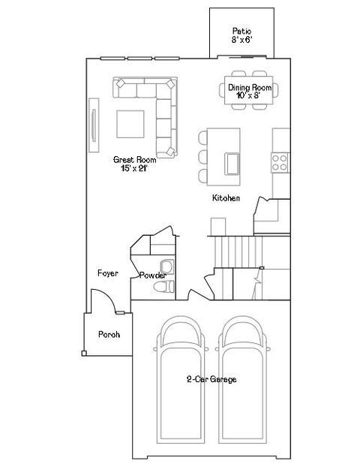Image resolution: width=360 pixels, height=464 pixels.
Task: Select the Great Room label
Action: (x=134, y=159)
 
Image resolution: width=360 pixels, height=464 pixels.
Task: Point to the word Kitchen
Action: (x=226, y=198)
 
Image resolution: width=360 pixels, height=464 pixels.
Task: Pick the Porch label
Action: (x=109, y=334)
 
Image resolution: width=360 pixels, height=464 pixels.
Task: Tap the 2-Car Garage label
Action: (x=211, y=379)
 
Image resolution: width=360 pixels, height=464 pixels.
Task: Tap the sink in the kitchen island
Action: (x=232, y=161)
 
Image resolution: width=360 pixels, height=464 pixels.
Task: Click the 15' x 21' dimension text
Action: (x=134, y=169)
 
